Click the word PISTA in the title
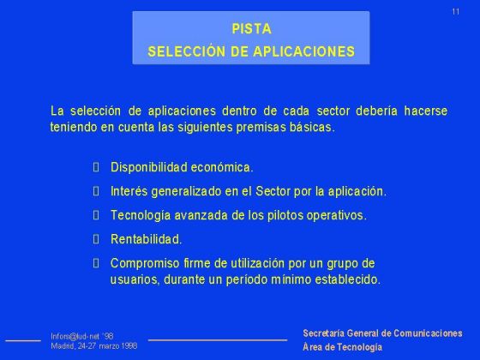(251, 28)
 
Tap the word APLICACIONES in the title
(304, 51)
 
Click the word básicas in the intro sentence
(316, 127)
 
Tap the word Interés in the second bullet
(129, 191)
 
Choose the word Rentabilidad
(146, 239)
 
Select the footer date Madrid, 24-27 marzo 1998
(94, 346)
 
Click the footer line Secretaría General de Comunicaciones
(382, 333)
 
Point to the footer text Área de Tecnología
(342, 347)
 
